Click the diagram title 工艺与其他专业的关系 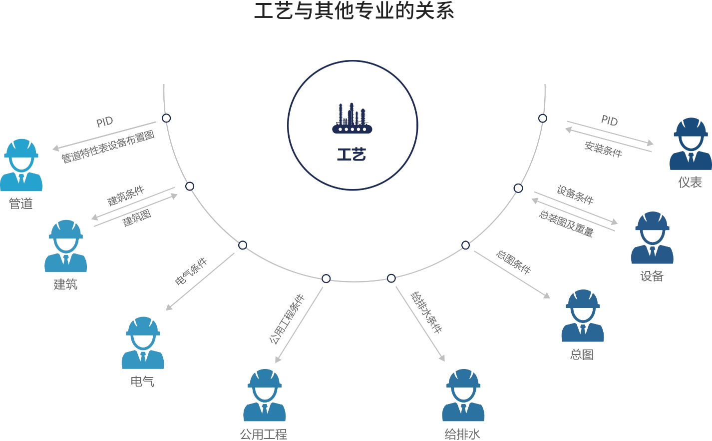click(354, 11)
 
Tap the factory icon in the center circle click(352, 119)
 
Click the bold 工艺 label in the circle click(352, 154)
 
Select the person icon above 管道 click(21, 165)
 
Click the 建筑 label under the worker click(65, 284)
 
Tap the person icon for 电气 click(143, 343)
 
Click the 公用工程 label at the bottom click(264, 434)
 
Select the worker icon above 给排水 click(463, 395)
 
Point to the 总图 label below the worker click(582, 354)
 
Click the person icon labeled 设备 click(652, 237)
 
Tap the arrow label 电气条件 click(191, 271)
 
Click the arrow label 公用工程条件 click(287, 319)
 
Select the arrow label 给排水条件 click(426, 312)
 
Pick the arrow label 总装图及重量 click(566, 223)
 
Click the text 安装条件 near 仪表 click(603, 149)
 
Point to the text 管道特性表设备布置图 click(108, 146)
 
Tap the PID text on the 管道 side click(105, 122)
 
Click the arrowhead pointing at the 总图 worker click(547, 295)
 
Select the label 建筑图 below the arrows click(137, 218)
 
